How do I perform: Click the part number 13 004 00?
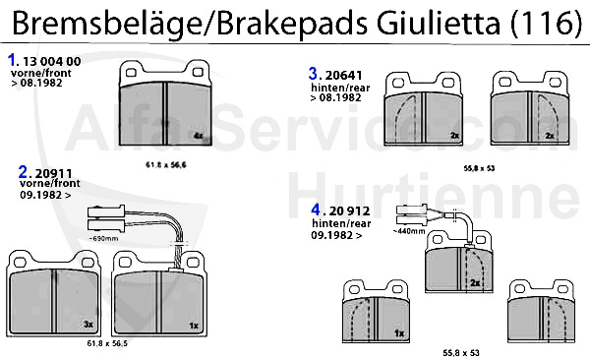[x=52, y=61]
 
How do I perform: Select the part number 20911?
[x=53, y=173]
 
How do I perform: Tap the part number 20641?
[x=343, y=76]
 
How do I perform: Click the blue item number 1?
[x=12, y=60]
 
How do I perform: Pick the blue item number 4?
[x=316, y=210]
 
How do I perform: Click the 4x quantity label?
[x=198, y=136]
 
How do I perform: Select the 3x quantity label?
[x=88, y=324]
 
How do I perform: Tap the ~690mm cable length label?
[x=103, y=238]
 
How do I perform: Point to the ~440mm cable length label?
[x=409, y=231]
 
